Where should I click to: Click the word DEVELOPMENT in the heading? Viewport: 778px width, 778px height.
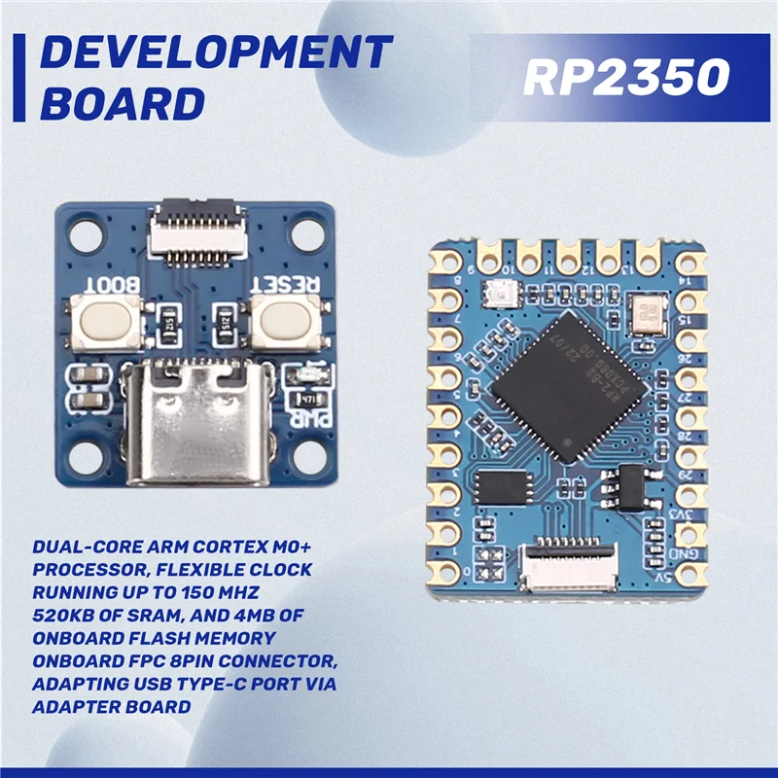click(x=217, y=53)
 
